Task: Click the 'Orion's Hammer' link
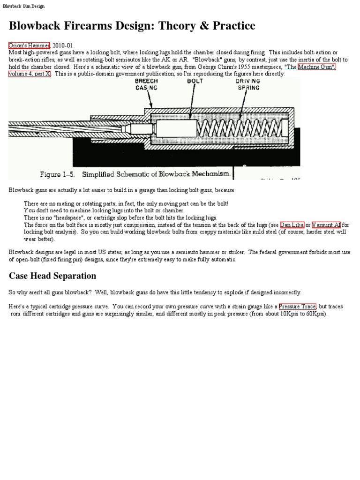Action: (29, 45)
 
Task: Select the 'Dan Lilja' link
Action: (292, 225)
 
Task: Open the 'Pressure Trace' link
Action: (297, 307)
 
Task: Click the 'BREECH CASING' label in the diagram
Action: (146, 84)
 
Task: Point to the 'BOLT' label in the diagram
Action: (195, 81)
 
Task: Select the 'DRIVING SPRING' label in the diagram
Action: (247, 84)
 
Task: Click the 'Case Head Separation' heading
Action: (52, 276)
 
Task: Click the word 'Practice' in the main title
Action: (231, 26)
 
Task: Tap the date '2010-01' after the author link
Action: (63, 45)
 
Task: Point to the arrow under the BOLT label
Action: (191, 101)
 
